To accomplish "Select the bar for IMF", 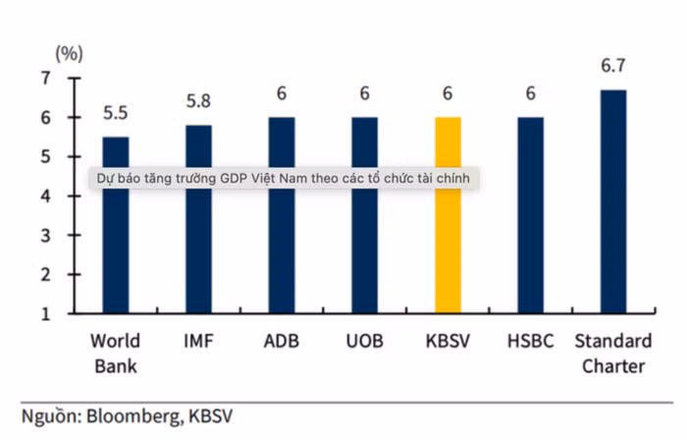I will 198,246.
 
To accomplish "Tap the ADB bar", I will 282,246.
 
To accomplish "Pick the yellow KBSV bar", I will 448,246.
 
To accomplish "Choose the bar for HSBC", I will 531,246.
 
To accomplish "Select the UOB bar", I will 364,246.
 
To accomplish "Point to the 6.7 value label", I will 613,67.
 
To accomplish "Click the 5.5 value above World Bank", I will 116,114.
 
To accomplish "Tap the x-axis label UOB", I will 364,342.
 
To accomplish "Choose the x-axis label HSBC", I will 531,342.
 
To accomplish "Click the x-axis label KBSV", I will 448,342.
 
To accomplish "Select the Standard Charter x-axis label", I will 612,354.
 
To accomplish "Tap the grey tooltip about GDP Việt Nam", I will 286,179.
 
